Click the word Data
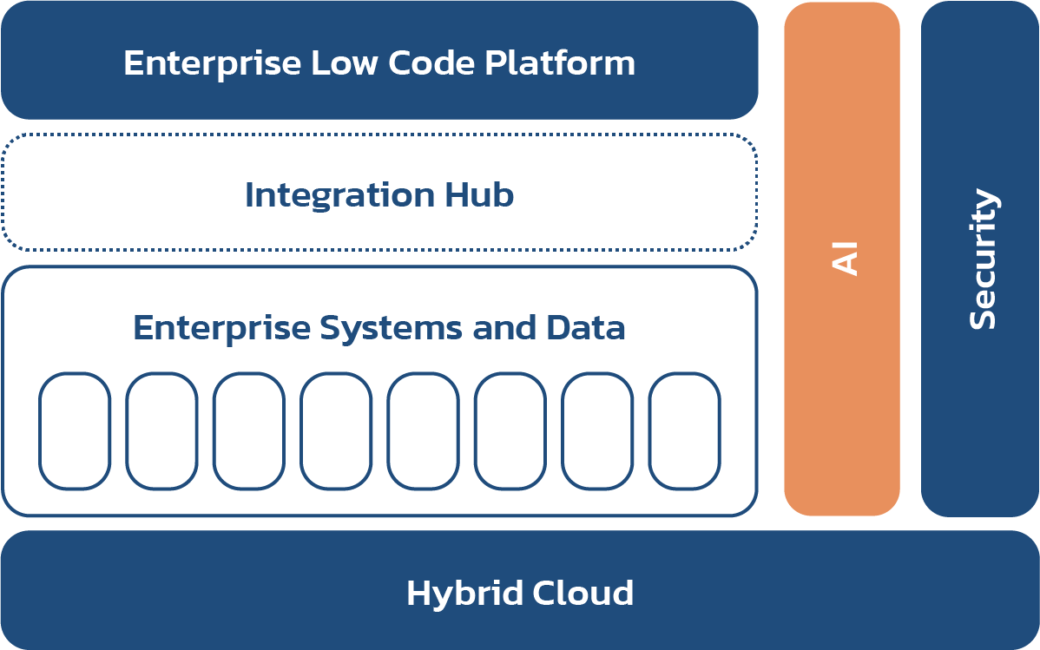pyautogui.click(x=586, y=329)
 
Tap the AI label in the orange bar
pyautogui.click(x=844, y=259)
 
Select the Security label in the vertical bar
pyautogui.click(x=982, y=259)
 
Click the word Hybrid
pyautogui.click(x=457, y=594)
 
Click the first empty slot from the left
pyautogui.click(x=75, y=430)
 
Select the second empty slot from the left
pyautogui.click(x=161, y=430)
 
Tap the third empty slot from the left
pyautogui.click(x=248, y=430)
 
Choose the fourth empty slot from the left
pyautogui.click(x=336, y=430)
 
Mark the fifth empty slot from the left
pyautogui.click(x=423, y=430)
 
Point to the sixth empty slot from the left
pyautogui.click(x=510, y=430)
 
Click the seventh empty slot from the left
pyautogui.click(x=597, y=430)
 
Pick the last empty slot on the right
pyautogui.click(x=684, y=430)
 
